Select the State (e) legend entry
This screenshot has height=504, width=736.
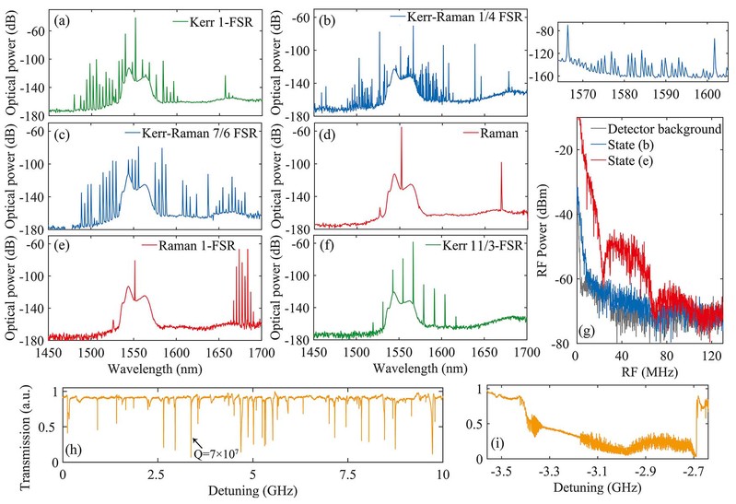pos(646,162)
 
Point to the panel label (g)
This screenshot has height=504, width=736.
pos(589,330)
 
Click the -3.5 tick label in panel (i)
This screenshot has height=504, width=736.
pos(501,474)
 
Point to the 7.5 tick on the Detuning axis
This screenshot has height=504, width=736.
pos(347,473)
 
